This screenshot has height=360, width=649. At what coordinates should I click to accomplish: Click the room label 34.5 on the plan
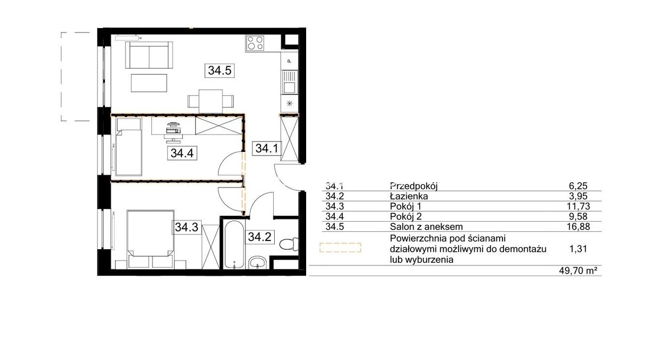point(220,70)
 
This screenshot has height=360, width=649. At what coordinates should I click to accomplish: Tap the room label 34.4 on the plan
point(182,153)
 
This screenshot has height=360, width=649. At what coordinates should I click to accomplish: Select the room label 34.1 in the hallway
point(267,148)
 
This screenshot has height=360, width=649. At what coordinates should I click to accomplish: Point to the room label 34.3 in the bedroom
point(187,227)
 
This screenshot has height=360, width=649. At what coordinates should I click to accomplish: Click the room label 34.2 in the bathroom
point(260,237)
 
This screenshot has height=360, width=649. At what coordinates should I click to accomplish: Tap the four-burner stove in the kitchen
point(255,43)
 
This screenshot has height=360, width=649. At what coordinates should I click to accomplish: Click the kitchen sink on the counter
point(289,82)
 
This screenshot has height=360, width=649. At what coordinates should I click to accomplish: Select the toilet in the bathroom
point(289,244)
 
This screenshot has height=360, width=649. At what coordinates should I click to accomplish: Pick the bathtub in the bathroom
point(234,245)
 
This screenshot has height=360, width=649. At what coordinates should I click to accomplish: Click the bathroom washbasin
point(257,262)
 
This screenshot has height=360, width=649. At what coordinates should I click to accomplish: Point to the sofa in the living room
point(149,55)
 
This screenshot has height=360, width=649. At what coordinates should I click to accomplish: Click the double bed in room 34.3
point(150,239)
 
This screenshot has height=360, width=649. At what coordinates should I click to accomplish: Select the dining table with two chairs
point(210,101)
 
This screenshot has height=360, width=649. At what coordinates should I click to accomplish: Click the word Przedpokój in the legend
point(414,185)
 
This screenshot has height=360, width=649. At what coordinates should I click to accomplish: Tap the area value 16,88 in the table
point(578,226)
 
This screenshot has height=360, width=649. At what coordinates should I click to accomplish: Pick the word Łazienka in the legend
point(409,196)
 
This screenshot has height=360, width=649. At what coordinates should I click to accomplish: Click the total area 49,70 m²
point(578,271)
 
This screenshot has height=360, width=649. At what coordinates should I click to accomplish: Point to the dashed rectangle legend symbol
point(340,248)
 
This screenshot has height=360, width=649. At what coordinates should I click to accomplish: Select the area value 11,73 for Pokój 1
point(578,206)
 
